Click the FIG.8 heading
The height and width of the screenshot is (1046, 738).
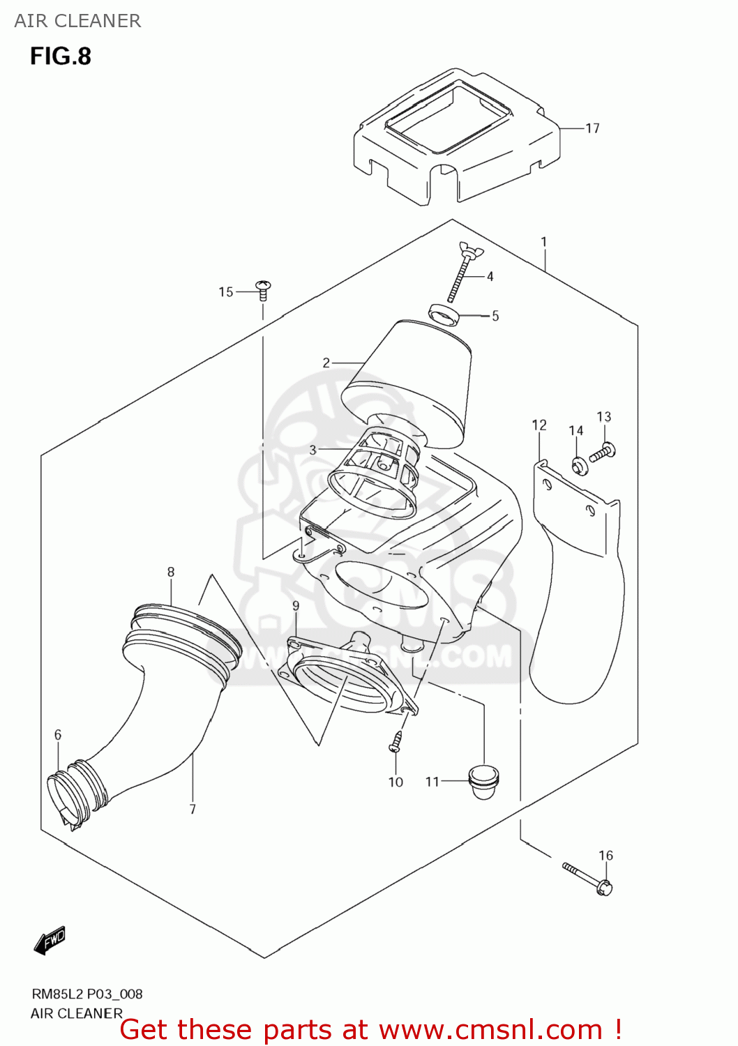[61, 56]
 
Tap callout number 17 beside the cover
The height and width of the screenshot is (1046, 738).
[592, 128]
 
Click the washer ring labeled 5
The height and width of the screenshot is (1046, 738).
[444, 314]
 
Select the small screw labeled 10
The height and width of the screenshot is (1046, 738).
[396, 742]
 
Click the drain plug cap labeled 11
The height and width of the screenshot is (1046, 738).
[484, 781]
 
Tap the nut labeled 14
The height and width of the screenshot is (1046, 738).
[579, 464]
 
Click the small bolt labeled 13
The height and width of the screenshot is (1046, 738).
[602, 453]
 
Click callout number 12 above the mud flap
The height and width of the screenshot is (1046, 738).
[539, 425]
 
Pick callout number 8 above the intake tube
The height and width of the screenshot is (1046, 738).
[171, 572]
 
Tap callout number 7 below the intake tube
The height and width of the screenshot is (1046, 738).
[193, 809]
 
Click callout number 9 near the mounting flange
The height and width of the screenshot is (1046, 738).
[296, 605]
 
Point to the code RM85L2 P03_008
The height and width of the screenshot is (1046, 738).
[87, 994]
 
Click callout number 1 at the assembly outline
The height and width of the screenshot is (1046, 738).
[543, 242]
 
